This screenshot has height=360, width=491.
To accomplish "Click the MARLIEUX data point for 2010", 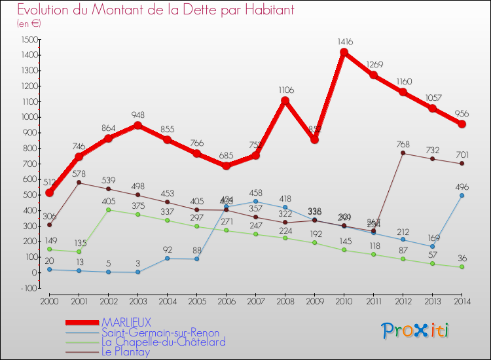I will coord(344,52).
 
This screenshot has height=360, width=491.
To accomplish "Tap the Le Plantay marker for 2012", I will coord(403,153).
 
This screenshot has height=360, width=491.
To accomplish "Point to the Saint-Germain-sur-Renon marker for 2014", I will coord(462,195).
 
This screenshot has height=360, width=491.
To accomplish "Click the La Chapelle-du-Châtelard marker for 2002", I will coord(108,209).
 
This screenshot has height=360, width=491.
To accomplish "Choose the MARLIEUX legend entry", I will coord(126,323).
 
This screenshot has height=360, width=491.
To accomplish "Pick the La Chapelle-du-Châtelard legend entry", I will coord(163,342).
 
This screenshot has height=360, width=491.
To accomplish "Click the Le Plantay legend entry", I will coord(126,351).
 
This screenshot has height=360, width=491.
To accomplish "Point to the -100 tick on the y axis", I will coord(29,288).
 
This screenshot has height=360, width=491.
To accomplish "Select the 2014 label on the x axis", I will coord(462,301).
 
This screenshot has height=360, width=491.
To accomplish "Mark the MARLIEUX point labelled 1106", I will coord(285,101).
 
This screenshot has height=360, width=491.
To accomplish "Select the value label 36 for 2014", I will coord(462,257).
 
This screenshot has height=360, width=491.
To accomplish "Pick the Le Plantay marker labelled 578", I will coord(79,183).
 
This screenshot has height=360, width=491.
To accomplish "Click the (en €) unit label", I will coord(29,24).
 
